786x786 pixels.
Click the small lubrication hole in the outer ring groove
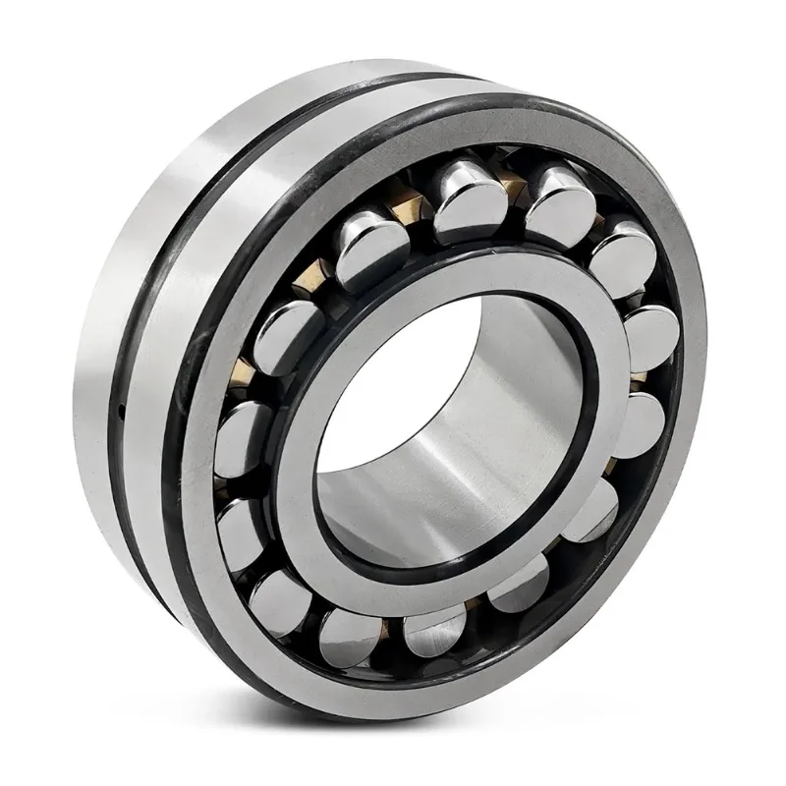pyautogui.click(x=119, y=407)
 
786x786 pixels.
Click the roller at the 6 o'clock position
pyautogui.click(x=432, y=629)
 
